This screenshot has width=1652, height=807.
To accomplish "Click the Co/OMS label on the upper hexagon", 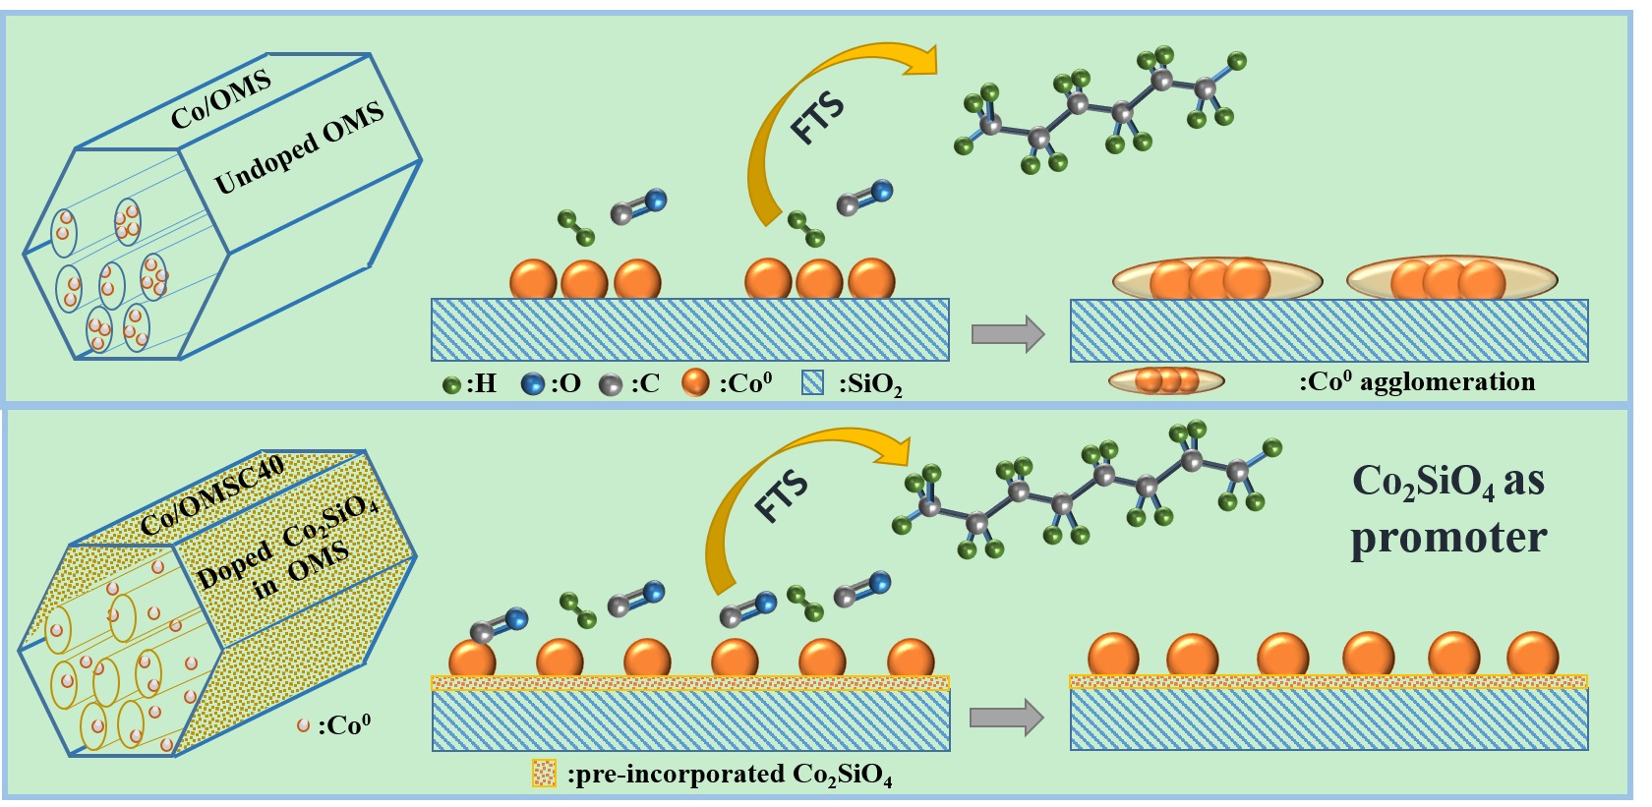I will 221,101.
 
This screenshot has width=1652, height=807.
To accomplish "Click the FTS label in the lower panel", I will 782,496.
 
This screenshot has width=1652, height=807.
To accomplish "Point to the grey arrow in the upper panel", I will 1007,334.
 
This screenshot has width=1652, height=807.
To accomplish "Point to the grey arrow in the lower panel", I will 1005,718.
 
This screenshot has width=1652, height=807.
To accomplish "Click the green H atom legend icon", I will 452,385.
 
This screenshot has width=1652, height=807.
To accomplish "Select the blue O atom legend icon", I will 533,384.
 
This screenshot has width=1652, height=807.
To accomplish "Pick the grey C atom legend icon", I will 610,385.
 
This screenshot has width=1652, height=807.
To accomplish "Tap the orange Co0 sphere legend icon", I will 695,383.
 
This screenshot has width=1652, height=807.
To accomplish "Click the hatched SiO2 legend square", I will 813,383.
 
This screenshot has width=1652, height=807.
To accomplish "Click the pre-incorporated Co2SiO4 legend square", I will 544,774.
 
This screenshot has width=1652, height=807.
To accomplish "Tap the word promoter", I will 1447,538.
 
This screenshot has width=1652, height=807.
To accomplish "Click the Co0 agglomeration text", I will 1417,381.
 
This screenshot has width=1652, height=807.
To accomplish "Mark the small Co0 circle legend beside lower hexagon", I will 304,725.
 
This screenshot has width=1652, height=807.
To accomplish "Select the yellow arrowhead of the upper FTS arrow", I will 918,60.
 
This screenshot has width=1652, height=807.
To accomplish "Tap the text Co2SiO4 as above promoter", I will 1447,482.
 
